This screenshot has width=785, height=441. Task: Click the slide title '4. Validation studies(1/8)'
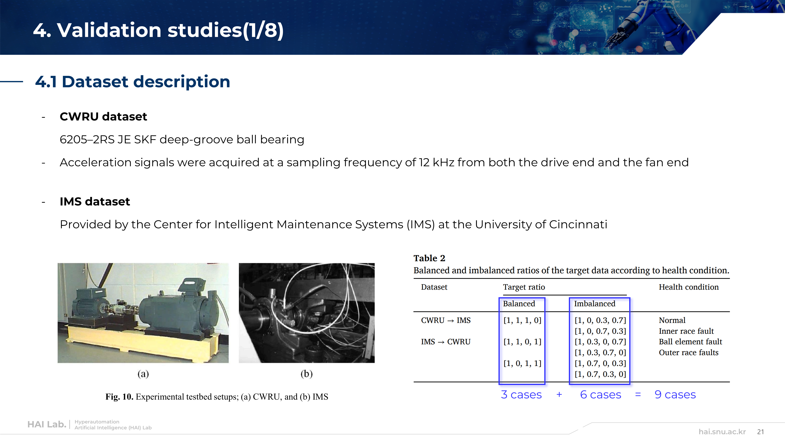(158, 30)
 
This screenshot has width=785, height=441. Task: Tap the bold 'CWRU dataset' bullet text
(103, 117)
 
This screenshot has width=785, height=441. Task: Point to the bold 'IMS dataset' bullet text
(95, 201)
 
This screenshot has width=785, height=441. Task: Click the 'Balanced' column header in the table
(519, 304)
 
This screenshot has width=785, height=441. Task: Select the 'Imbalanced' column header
(595, 304)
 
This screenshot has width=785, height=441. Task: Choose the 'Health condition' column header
(689, 287)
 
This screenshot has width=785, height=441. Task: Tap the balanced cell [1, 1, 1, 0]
(522, 320)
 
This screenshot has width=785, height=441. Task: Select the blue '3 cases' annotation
(521, 395)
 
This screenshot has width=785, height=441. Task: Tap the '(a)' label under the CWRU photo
(143, 374)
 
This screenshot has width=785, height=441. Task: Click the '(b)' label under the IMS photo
(307, 374)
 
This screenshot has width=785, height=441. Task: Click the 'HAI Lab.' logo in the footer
(47, 424)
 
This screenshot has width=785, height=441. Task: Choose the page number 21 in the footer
(761, 432)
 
